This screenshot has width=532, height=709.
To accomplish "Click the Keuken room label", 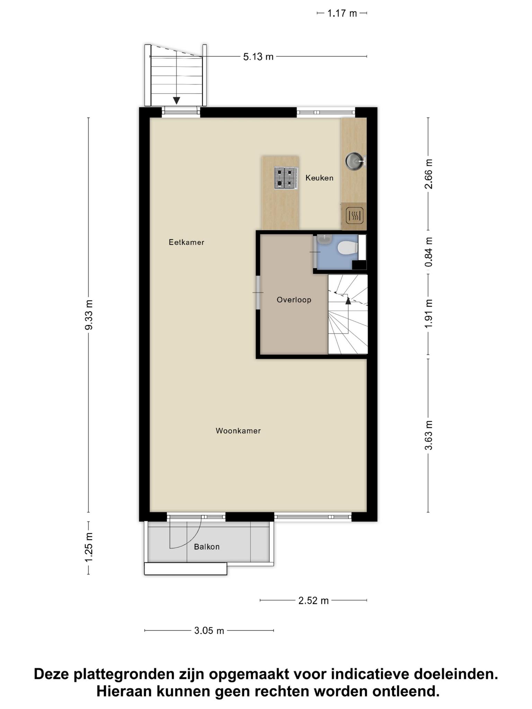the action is (319, 178).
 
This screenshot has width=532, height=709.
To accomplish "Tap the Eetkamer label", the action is (186, 242).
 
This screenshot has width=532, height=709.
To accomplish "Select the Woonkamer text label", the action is (238, 431).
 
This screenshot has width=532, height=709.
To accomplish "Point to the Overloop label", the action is (294, 300).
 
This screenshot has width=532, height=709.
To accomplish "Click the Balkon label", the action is (207, 547).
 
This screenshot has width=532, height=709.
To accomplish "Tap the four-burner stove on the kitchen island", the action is (286, 178).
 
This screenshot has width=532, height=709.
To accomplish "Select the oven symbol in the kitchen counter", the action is (355, 216).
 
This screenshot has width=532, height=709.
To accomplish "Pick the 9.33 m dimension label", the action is (89, 315).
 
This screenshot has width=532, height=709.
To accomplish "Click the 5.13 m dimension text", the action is (258, 57).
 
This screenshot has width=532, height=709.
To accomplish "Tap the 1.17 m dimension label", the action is (342, 14).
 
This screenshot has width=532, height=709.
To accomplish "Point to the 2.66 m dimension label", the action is (428, 174).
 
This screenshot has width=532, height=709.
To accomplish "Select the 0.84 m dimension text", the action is (428, 252).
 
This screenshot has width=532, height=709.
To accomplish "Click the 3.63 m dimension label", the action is (428, 435).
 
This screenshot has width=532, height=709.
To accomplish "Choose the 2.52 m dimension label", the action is (313, 601).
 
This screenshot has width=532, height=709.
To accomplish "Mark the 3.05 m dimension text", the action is (209, 631).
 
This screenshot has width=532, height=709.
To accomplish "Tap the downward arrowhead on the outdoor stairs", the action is (177, 101).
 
